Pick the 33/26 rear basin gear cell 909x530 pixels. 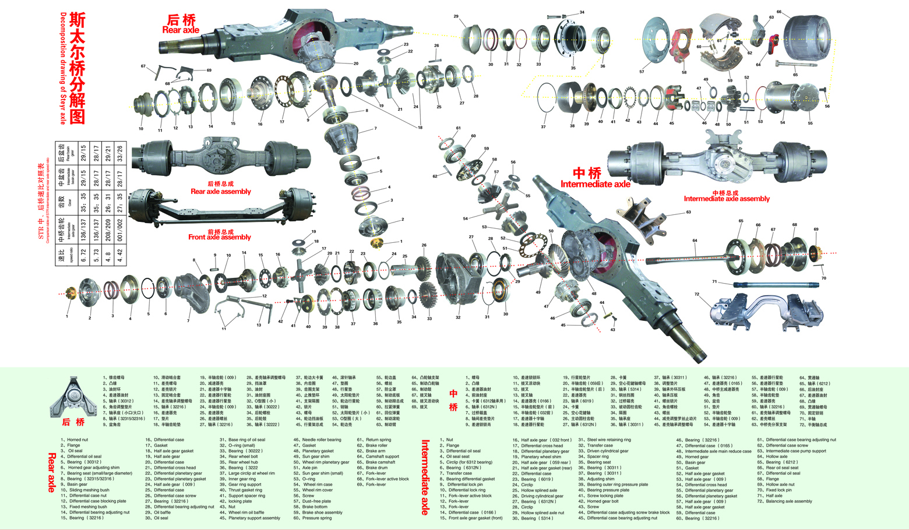point(119,153)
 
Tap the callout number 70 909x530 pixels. point(823,278)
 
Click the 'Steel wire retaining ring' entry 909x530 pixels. point(608,440)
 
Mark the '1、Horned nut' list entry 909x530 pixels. point(76,440)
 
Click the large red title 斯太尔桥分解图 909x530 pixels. point(77,68)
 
